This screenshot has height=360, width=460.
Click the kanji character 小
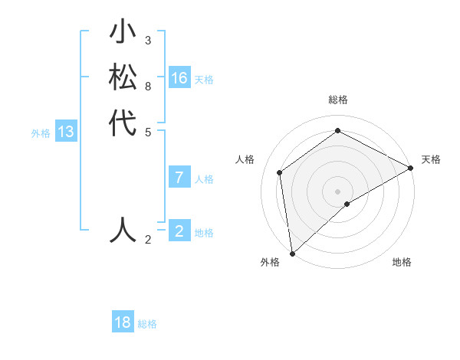[123, 34]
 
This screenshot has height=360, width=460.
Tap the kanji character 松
[123, 78]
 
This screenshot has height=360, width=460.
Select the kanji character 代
[123, 123]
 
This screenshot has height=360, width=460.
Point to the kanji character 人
[123, 229]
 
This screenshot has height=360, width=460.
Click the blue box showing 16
[179, 78]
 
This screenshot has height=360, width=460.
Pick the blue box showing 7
[179, 178]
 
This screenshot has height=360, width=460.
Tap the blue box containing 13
[66, 132]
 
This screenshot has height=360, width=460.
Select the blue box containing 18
[123, 322]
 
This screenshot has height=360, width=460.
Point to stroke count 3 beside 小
[148, 40]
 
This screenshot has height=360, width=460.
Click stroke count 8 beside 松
[148, 86]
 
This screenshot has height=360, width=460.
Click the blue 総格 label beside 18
[147, 324]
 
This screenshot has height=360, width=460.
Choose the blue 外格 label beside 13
[41, 133]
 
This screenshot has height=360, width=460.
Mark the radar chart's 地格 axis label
[402, 262]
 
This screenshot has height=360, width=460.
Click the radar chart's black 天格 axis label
[431, 159]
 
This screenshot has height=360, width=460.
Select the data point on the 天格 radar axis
[410, 168]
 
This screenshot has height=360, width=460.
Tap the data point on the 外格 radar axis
[292, 253]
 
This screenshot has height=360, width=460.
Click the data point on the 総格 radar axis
[337, 131]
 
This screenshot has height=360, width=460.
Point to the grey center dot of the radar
[337, 191]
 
